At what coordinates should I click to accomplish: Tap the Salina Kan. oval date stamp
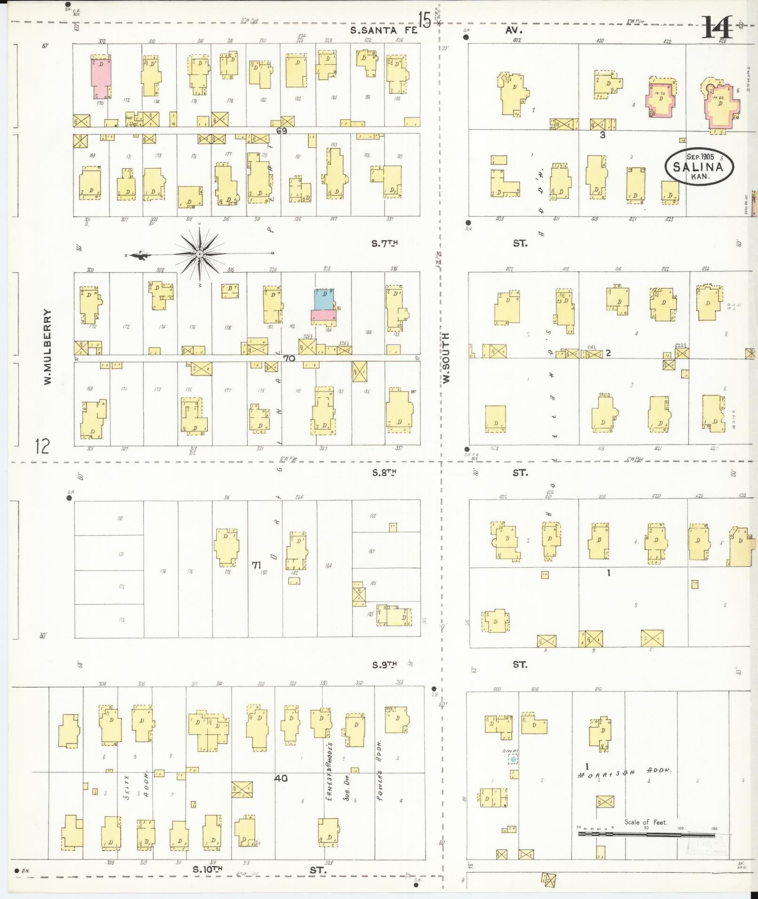click(699, 166)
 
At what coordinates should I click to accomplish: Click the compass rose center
click(200, 254)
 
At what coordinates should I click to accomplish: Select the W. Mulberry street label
click(47, 347)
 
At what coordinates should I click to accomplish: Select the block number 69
click(281, 131)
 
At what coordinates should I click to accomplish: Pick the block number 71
click(256, 565)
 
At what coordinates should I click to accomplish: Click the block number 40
click(281, 779)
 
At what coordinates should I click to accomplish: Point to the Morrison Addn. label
click(625, 772)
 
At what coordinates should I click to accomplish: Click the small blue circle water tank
click(513, 759)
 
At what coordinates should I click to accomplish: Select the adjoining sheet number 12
click(42, 446)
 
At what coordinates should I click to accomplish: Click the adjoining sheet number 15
click(424, 21)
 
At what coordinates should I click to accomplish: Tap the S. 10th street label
click(207, 869)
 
